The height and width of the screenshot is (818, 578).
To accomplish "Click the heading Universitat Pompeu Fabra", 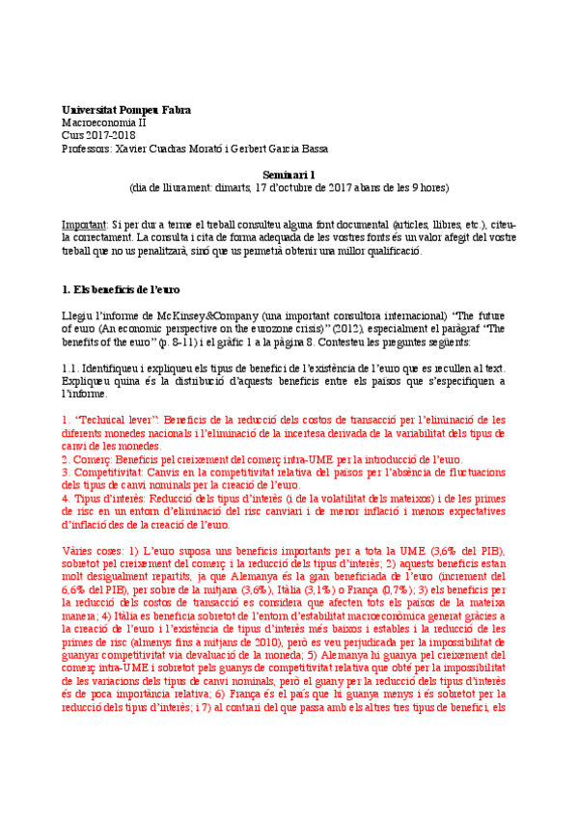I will tap(125, 111).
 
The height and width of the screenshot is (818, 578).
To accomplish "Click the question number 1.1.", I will tap(70, 368).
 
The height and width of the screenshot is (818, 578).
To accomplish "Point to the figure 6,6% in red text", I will tap(73, 589).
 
